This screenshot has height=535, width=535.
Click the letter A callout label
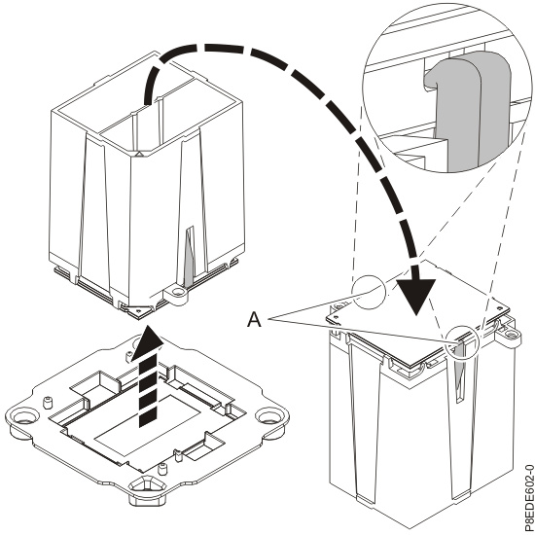[255, 316]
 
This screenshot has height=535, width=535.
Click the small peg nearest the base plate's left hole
[48, 403]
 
